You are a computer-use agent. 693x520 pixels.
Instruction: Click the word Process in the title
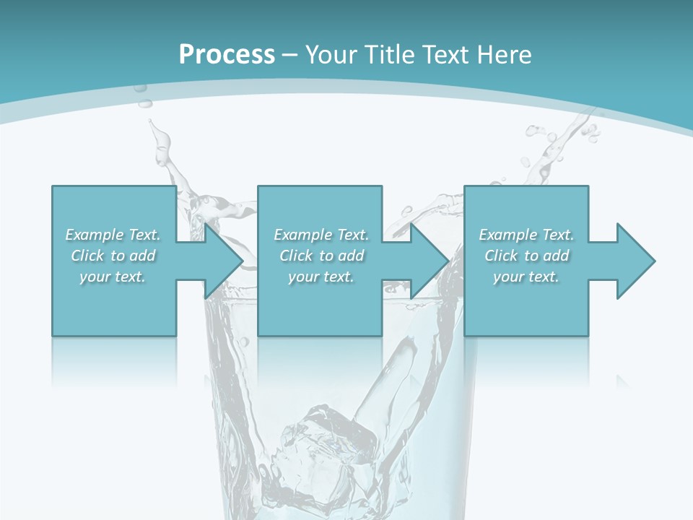tap(227, 54)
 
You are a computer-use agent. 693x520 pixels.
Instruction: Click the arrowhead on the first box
tap(224, 261)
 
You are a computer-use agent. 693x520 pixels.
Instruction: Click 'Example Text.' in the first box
tap(113, 235)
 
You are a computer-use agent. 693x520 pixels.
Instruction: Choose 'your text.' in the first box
tap(113, 277)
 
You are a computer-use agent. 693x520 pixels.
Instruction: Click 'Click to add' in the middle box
tap(321, 256)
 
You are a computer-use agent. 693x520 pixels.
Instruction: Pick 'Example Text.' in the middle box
tap(321, 235)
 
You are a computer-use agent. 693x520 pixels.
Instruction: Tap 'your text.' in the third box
tap(526, 277)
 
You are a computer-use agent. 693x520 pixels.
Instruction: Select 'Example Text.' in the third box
tap(526, 235)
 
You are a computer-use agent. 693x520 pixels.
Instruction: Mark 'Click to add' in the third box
tap(526, 256)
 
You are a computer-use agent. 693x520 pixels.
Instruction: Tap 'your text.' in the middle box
tap(321, 277)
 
